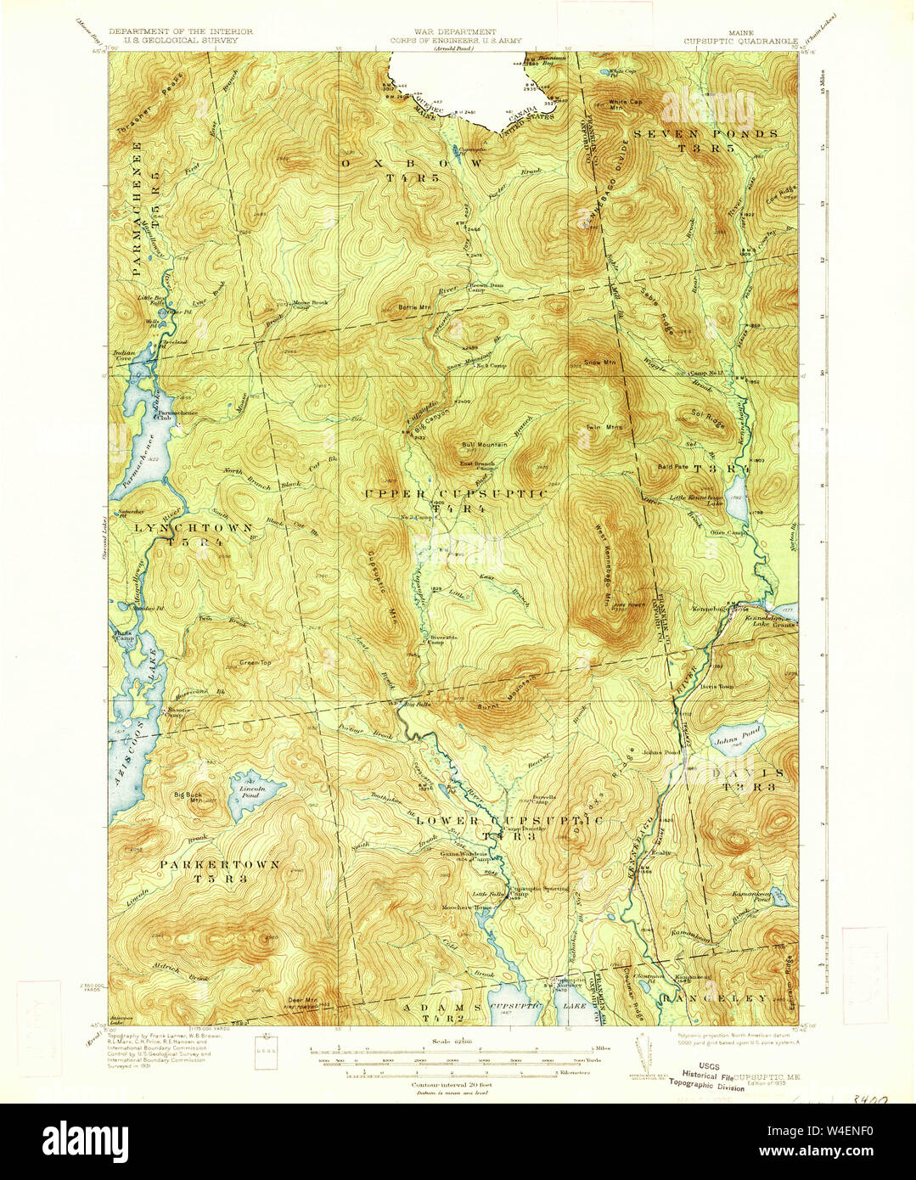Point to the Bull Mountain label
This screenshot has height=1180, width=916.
click(485, 444)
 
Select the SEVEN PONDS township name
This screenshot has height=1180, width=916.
click(705, 134)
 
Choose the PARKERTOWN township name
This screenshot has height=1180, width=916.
click(221, 864)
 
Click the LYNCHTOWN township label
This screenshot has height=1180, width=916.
click(194, 527)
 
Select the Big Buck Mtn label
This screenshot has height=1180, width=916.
click(188, 795)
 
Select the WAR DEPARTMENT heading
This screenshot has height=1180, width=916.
click(457, 31)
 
